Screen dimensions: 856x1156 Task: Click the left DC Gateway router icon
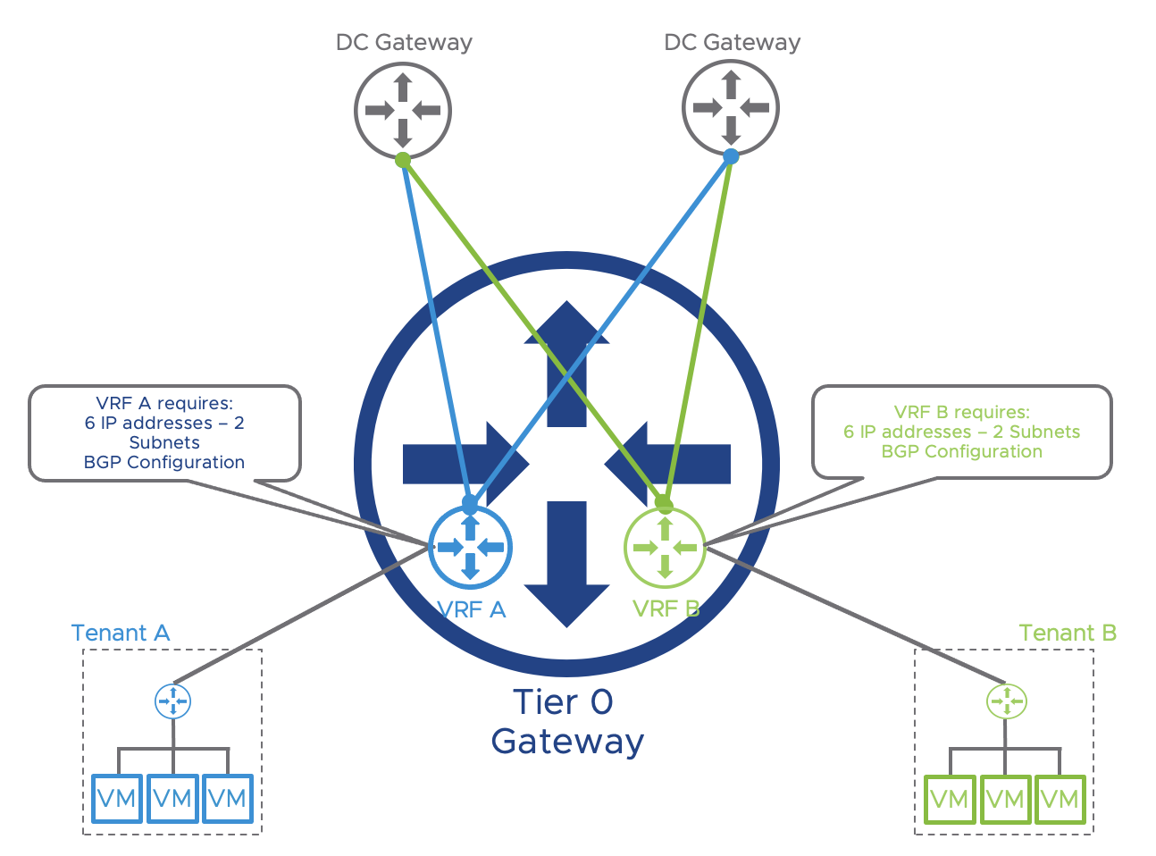403,111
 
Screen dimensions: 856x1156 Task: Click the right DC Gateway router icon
731,108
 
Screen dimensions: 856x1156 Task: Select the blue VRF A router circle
471,547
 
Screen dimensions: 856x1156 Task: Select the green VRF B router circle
665,547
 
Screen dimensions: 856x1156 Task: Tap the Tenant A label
120,633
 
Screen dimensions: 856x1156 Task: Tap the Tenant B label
1068,633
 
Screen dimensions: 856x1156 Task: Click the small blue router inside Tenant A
172,701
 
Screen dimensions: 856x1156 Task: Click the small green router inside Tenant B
1006,701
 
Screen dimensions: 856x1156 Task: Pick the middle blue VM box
172,798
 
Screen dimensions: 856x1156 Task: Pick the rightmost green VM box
1060,799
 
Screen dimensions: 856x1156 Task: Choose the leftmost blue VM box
117,798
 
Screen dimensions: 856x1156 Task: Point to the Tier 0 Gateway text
566,722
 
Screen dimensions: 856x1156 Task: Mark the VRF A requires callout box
164,433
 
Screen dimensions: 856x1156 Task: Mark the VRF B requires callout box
961,432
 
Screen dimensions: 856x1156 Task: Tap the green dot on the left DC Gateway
403,160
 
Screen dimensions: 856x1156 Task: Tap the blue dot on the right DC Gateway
731,156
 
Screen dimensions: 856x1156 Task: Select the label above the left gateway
403,42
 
